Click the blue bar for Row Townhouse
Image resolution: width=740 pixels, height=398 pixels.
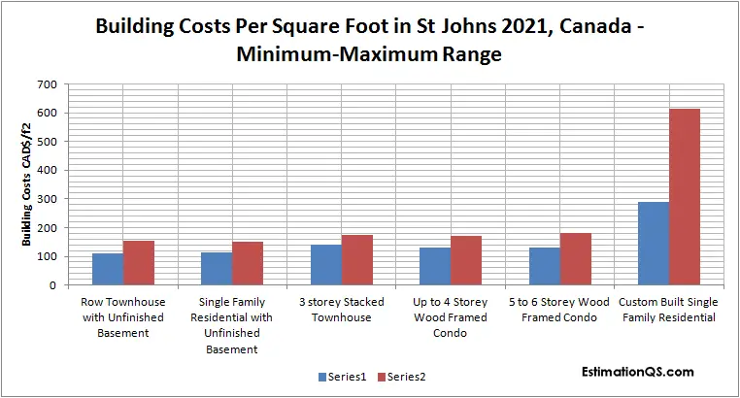(107, 269)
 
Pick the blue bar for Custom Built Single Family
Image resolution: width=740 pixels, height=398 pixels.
(653, 244)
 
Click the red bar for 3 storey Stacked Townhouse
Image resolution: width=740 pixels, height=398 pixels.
(356, 260)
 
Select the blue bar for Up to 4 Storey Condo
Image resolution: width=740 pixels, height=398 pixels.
(434, 266)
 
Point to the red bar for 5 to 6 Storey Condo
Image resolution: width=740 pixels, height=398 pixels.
(575, 259)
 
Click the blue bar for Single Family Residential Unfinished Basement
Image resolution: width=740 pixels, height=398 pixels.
(216, 269)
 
